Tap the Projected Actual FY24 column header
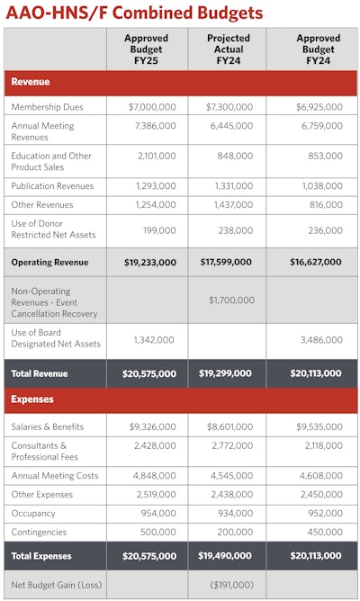click(x=228, y=50)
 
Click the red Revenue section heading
click(x=30, y=82)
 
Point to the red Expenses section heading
click(x=32, y=399)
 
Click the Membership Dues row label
click(x=47, y=107)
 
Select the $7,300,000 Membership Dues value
click(x=229, y=107)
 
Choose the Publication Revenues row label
click(x=52, y=185)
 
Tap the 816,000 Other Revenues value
click(x=324, y=205)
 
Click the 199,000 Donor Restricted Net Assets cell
click(x=157, y=230)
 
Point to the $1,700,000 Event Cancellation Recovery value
click(x=229, y=300)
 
